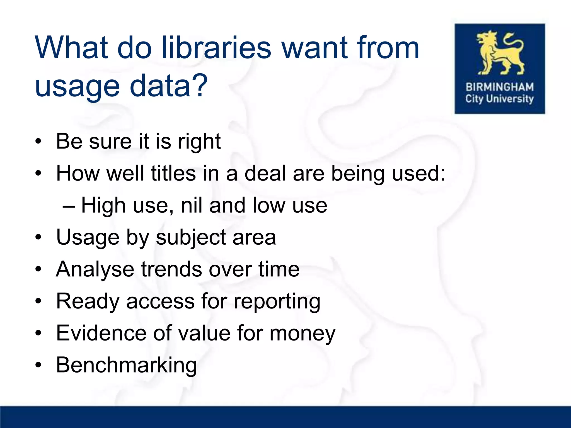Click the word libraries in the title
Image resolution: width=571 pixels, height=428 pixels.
216,48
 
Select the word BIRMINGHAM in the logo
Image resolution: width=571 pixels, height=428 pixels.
500,87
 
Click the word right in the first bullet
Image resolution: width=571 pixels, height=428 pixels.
199,142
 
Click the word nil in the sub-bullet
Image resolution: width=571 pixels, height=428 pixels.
192,205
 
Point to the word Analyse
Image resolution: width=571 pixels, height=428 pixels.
95,269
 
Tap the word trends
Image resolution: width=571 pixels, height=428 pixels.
171,269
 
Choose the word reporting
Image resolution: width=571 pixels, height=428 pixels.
277,302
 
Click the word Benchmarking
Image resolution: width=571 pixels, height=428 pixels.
126,365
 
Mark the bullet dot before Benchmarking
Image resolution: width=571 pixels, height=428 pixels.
38,365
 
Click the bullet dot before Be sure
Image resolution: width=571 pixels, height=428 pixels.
38,141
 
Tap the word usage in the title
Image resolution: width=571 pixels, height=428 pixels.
77,86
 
